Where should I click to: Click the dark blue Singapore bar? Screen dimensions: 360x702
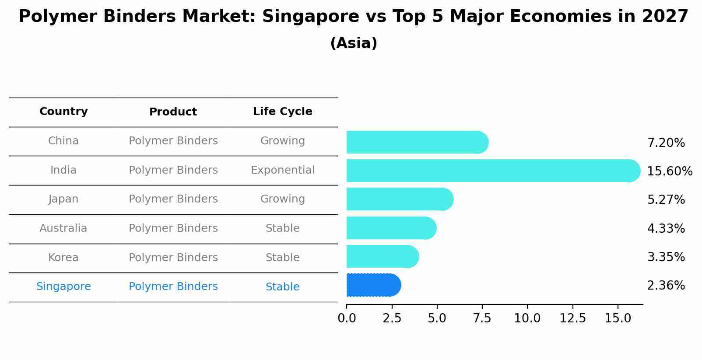click(x=373, y=285)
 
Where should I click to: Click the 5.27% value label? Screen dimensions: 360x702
click(x=666, y=200)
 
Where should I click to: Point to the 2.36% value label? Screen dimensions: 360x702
click(x=666, y=286)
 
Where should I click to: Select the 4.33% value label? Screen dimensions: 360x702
click(x=666, y=228)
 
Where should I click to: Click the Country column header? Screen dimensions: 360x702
click(x=63, y=112)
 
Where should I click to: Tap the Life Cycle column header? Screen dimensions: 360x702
click(x=282, y=112)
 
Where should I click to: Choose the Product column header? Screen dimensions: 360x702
click(x=173, y=112)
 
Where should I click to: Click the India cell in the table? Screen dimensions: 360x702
click(x=63, y=170)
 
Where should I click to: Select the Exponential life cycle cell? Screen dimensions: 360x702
click(x=282, y=170)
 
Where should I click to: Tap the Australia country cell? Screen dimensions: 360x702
click(x=63, y=228)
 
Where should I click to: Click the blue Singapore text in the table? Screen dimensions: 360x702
click(x=63, y=287)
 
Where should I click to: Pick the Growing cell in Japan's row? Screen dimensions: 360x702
click(x=282, y=199)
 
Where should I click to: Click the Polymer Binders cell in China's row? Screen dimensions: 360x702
click(x=173, y=141)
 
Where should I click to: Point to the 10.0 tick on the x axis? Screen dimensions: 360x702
click(x=527, y=318)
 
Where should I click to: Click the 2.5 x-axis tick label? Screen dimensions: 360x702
click(x=392, y=318)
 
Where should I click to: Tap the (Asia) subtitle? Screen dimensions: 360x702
click(x=354, y=43)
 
